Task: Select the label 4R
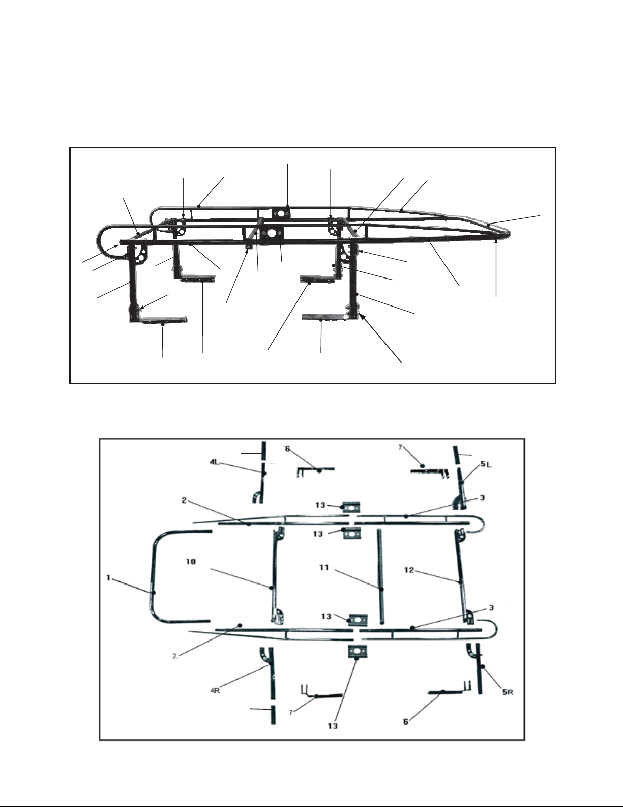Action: (x=216, y=691)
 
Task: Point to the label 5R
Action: (x=508, y=692)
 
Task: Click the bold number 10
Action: (x=190, y=562)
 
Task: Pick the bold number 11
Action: (x=324, y=568)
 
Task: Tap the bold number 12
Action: (x=409, y=570)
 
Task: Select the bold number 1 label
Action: (x=108, y=578)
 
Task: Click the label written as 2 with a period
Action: (x=175, y=656)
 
